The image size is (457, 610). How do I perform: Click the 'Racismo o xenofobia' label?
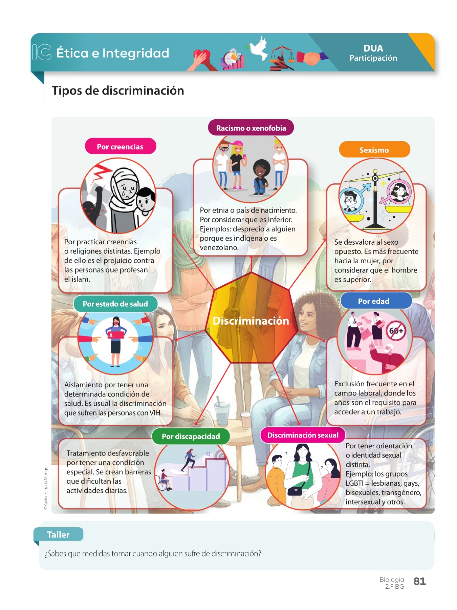pyautogui.click(x=251, y=128)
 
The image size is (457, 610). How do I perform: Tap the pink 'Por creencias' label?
pyautogui.click(x=120, y=147)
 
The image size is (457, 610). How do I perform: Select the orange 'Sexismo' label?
pyautogui.click(x=374, y=150)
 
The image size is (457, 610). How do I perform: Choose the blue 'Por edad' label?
pyautogui.click(x=374, y=301)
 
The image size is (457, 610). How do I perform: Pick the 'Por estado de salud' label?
pyautogui.click(x=115, y=304)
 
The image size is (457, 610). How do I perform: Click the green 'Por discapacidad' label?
pyautogui.click(x=191, y=436)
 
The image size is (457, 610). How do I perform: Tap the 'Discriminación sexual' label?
pyautogui.click(x=303, y=435)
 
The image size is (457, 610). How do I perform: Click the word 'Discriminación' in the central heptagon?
pyautogui.click(x=251, y=321)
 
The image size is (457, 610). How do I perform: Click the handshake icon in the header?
pyautogui.click(x=311, y=58)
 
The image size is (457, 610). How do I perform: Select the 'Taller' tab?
pyautogui.click(x=58, y=535)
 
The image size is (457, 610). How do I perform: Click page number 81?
pyautogui.click(x=419, y=582)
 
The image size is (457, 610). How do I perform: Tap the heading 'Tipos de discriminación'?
pyautogui.click(x=118, y=91)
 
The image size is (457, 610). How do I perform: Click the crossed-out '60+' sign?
pyautogui.click(x=396, y=330)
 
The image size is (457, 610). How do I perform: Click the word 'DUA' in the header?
pyautogui.click(x=373, y=48)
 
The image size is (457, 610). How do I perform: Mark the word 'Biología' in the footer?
pyautogui.click(x=392, y=579)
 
